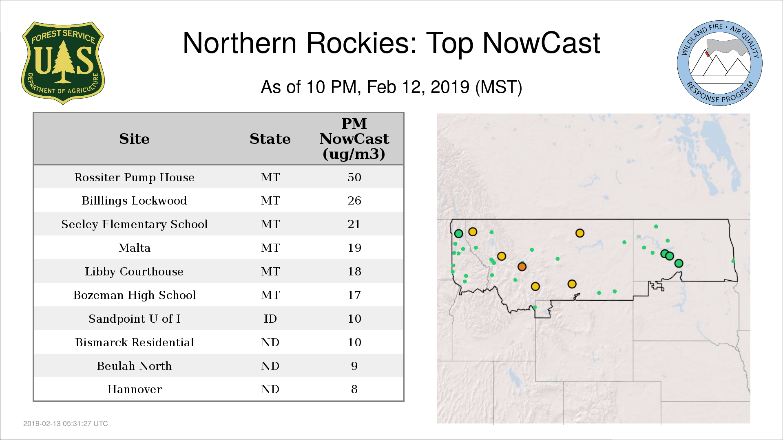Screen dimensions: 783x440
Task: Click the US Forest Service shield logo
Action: click(63, 63)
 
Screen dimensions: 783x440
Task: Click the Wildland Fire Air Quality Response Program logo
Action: click(720, 63)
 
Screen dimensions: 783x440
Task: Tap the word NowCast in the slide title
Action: click(541, 43)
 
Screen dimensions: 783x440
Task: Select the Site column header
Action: click(134, 139)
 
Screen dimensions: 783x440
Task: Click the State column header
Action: click(270, 139)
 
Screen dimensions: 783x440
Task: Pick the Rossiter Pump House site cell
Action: click(134, 177)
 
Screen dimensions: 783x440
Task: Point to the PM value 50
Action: click(354, 177)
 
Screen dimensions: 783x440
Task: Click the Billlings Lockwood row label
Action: click(134, 200)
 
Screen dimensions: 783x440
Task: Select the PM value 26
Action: click(354, 200)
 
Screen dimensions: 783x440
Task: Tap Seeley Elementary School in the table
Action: click(134, 224)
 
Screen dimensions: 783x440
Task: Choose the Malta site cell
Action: click(134, 248)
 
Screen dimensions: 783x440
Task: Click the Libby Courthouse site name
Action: click(134, 271)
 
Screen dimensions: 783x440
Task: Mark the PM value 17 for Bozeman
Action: click(354, 295)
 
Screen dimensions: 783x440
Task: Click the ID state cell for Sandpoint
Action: click(270, 319)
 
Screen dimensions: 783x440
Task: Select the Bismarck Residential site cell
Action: click(134, 342)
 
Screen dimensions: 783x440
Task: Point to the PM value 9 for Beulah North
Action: click(354, 366)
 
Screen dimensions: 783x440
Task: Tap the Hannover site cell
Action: click(134, 389)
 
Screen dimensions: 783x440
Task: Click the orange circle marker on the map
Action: click(522, 266)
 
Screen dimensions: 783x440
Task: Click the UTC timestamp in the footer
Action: click(66, 424)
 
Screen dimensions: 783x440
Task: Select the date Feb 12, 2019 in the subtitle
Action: click(418, 87)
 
